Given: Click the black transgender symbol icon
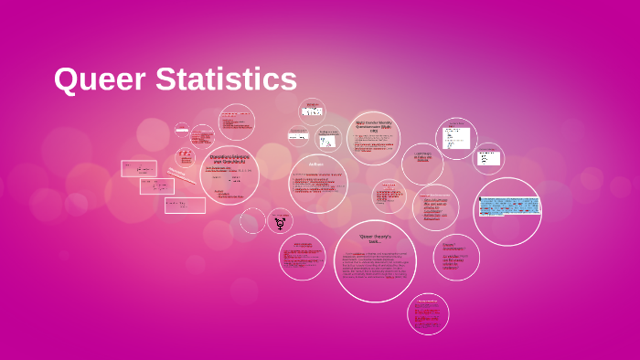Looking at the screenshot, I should point(280,222).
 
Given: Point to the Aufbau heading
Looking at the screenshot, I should point(316,164).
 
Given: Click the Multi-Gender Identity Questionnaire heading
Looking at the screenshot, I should point(373,125).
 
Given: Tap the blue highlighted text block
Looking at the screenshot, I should point(507,206).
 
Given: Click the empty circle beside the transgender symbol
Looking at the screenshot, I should point(252,220).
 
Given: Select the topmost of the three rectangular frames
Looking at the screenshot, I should point(139,168).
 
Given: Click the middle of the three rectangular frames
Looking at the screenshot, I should point(156,186).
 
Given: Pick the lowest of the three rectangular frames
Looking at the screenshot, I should point(185,205).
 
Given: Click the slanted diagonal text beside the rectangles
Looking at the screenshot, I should point(181,175).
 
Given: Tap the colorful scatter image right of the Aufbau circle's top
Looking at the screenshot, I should point(327,143).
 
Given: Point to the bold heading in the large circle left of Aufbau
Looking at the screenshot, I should point(229,159).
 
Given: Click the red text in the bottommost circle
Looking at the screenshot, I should point(428,312).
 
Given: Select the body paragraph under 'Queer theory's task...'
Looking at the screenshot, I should point(375,264).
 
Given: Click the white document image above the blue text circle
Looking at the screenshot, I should point(455,138).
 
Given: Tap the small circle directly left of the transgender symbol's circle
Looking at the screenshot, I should point(252,220).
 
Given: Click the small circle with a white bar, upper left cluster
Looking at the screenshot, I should point(183,130).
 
